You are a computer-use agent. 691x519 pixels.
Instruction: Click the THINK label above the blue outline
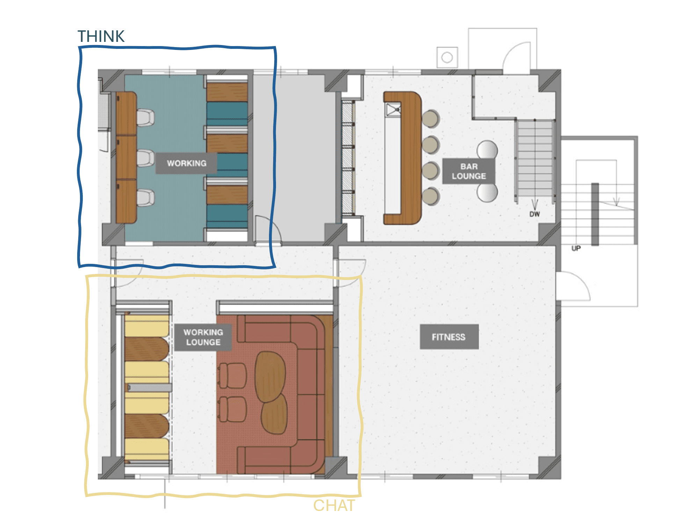click(x=101, y=36)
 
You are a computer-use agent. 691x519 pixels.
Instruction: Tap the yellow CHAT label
click(x=334, y=505)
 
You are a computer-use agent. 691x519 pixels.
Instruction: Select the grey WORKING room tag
click(x=186, y=163)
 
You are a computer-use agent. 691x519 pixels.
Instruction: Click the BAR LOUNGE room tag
click(x=469, y=171)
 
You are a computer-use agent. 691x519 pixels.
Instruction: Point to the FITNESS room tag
click(x=449, y=337)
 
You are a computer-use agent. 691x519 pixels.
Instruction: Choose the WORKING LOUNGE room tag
click(x=203, y=337)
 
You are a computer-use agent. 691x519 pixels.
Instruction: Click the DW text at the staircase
click(x=534, y=214)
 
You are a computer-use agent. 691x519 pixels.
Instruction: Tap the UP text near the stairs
click(x=576, y=249)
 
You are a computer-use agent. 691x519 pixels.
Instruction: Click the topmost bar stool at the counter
click(x=430, y=119)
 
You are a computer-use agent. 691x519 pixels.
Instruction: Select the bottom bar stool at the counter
click(x=430, y=196)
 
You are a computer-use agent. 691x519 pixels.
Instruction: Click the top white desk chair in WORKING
click(x=145, y=118)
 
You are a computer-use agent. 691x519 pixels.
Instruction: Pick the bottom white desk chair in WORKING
click(x=145, y=198)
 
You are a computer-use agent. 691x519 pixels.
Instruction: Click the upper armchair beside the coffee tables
click(x=232, y=376)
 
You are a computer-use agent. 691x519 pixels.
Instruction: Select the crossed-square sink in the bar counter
click(x=393, y=110)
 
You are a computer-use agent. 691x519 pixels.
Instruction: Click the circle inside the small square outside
click(x=447, y=58)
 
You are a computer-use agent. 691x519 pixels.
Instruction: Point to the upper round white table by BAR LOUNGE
click(x=487, y=150)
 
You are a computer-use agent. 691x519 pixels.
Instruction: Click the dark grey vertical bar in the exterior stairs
click(x=595, y=214)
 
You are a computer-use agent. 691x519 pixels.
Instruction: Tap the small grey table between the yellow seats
click(x=149, y=387)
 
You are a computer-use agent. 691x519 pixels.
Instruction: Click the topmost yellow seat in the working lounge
click(x=147, y=326)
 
